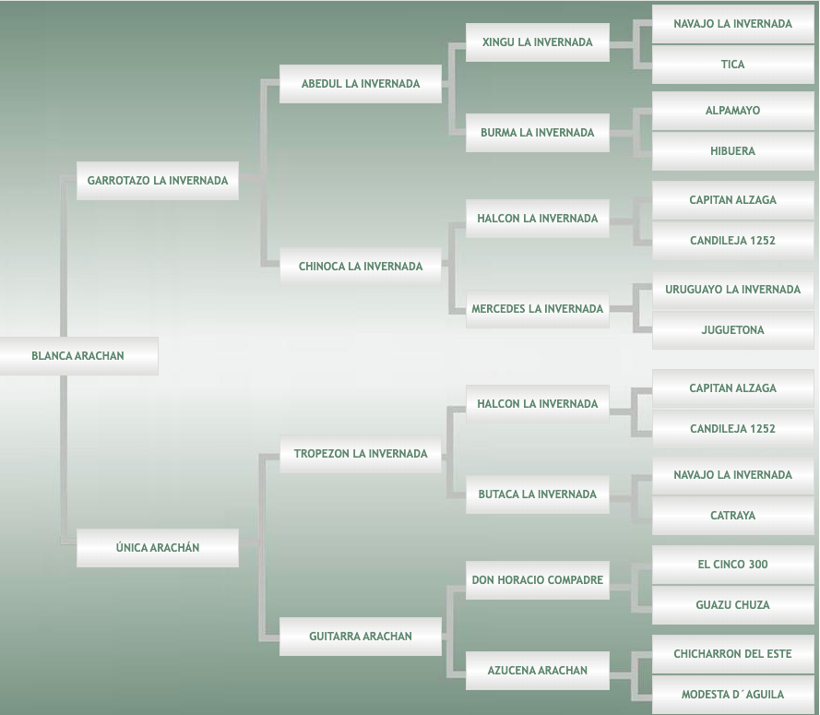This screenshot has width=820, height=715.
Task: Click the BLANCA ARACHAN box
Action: [x=78, y=356]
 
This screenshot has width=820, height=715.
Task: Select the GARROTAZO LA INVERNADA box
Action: [x=158, y=181]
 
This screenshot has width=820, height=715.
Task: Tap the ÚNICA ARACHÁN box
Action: [x=158, y=548]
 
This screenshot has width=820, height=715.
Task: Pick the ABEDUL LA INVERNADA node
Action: [x=361, y=84]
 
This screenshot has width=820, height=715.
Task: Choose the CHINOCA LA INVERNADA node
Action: [x=361, y=267]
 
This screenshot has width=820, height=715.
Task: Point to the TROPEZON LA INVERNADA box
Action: [x=361, y=454]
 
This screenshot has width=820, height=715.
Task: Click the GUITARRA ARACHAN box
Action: [x=361, y=637]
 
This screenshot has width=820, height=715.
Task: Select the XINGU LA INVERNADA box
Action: [x=538, y=42]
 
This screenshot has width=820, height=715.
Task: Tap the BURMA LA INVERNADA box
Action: [x=538, y=133]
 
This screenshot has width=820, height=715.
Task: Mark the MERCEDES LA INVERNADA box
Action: [x=538, y=309]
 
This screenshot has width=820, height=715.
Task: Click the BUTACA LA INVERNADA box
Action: [x=538, y=495]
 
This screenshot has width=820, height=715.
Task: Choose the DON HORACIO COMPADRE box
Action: [x=538, y=580]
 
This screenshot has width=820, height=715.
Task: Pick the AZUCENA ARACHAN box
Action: [x=538, y=671]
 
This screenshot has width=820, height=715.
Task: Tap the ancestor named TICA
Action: [x=733, y=65]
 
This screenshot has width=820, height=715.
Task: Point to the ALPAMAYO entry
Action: [x=733, y=111]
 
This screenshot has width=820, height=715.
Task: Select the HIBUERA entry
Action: [x=733, y=151]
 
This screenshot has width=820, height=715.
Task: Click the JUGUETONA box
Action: [x=733, y=330]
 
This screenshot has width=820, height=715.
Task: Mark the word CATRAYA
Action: [x=733, y=516]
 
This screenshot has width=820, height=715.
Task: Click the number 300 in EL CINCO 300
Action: [x=754, y=565]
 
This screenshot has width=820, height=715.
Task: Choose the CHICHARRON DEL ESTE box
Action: [x=733, y=654]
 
